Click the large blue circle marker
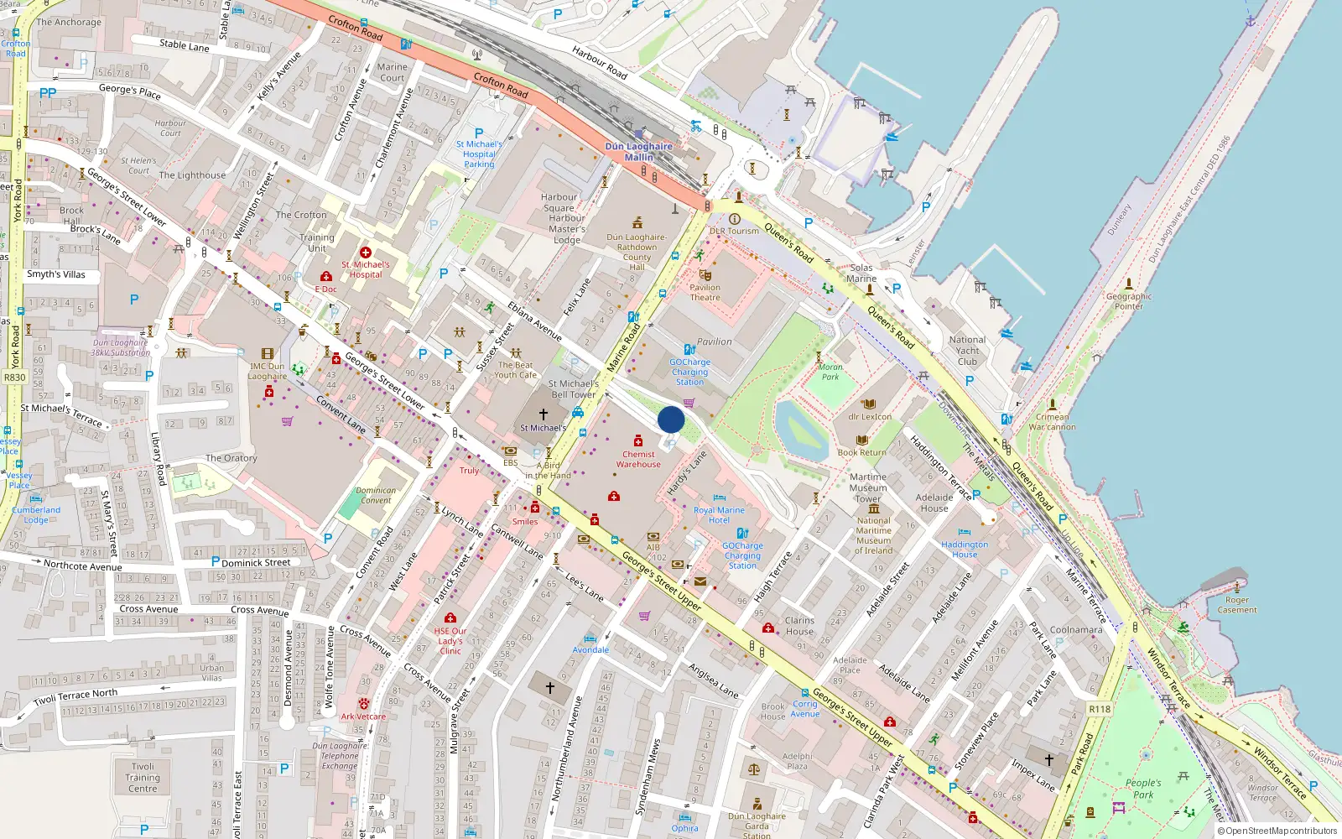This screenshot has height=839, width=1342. click(x=671, y=419)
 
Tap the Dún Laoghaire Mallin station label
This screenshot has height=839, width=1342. click(x=639, y=152)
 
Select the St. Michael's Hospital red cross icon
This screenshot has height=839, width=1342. click(x=366, y=253)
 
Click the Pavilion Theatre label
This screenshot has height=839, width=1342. click(x=705, y=292)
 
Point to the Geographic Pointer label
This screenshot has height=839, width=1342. click(x=1129, y=301)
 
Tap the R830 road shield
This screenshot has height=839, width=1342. click(x=15, y=378)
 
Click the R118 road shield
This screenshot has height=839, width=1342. click(x=1100, y=709)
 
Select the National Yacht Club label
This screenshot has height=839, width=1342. click(x=968, y=351)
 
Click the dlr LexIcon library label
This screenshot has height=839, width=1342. click(x=870, y=416)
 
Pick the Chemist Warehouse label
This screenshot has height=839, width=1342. click(x=638, y=459)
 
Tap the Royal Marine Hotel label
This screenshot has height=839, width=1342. click(x=719, y=514)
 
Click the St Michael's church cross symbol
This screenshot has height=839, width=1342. click(x=544, y=414)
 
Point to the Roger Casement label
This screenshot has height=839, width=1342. click(x=1237, y=605)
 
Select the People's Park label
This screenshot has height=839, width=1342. click(x=1143, y=789)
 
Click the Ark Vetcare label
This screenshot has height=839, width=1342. click(x=363, y=717)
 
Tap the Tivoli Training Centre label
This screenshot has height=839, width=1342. click(x=143, y=778)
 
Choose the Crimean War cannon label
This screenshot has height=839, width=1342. click(x=1053, y=422)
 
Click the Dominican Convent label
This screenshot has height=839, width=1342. click(x=376, y=495)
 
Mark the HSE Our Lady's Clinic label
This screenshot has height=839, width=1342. click(x=450, y=641)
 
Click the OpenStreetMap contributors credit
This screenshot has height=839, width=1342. click(x=1277, y=831)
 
